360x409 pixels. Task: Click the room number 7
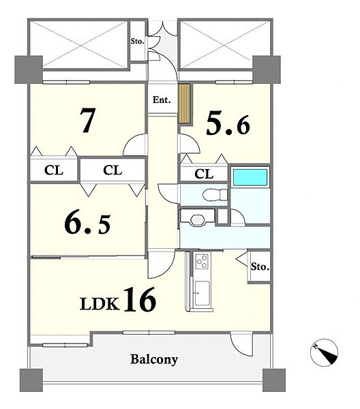[87, 120]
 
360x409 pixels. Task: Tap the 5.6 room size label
[228, 125]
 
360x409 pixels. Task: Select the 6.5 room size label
[88, 224]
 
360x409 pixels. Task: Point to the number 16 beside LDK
[140, 299]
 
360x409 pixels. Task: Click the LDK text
[100, 303]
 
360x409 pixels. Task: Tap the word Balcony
[154, 359]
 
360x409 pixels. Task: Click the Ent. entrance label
[162, 100]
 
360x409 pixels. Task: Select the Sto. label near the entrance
[137, 41]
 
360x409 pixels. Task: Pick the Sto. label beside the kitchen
[260, 267]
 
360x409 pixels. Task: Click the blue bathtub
[250, 177]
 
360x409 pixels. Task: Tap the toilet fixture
[215, 194]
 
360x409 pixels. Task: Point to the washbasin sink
[199, 219]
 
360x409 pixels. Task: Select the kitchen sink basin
[202, 293]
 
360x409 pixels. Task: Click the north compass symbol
[325, 352]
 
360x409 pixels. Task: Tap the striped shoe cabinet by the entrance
[184, 104]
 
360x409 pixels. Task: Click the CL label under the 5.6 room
[204, 174]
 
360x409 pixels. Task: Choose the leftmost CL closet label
[54, 170]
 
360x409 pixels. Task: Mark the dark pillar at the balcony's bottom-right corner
[274, 380]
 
